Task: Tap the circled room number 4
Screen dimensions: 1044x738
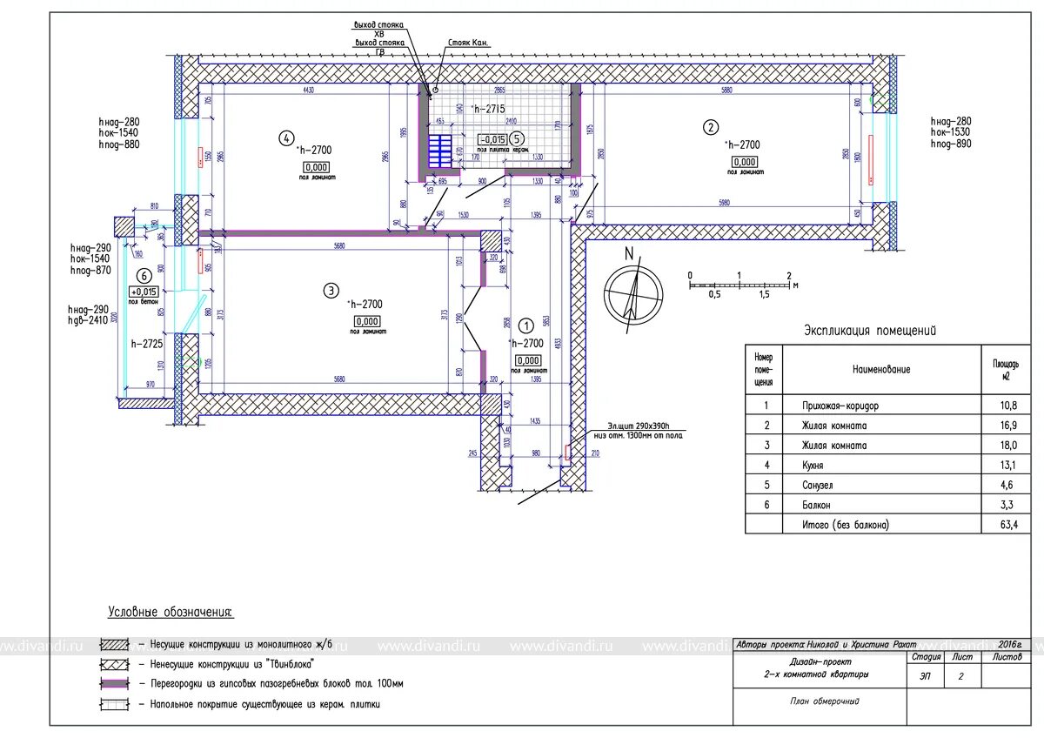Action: pyautogui.click(x=285, y=137)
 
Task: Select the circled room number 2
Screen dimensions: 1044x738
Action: pyautogui.click(x=711, y=127)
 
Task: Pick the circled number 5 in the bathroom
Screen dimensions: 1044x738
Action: pyautogui.click(x=517, y=138)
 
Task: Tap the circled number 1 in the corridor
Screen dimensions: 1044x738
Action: pyautogui.click(x=525, y=325)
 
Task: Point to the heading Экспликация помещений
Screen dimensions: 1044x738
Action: pyautogui.click(x=869, y=331)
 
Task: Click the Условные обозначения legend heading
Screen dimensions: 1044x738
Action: pyautogui.click(x=171, y=613)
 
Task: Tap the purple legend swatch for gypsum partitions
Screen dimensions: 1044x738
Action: pyautogui.click(x=114, y=684)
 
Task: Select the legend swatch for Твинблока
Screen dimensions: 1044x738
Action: pyautogui.click(x=114, y=664)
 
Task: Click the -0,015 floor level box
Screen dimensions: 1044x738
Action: pyautogui.click(x=492, y=139)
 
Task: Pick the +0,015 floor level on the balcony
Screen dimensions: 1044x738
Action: pyautogui.click(x=144, y=292)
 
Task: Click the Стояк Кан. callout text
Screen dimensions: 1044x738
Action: pyautogui.click(x=469, y=42)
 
